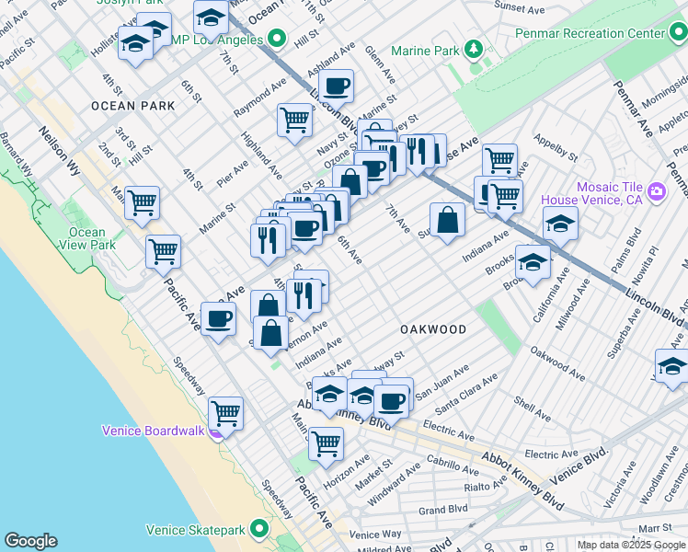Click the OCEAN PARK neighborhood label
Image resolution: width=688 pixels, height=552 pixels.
pos(133,106)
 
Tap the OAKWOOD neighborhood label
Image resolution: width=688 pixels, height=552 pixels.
pos(433,328)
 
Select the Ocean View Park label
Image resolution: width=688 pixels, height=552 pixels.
pos(87,238)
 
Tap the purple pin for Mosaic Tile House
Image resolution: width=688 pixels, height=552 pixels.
pos(657,191)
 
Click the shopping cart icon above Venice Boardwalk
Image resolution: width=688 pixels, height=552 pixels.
pos(225,412)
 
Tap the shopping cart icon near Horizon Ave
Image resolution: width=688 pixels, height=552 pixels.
pos(326,443)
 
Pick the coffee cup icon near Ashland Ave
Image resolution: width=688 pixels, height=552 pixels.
pos(337,86)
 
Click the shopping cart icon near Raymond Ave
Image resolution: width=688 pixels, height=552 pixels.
pos(294,118)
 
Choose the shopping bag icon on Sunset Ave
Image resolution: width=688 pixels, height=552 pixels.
pos(447,219)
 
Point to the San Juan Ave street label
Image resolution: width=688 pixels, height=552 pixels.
pos(441,383)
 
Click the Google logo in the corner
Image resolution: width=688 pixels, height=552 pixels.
pos(30,541)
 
